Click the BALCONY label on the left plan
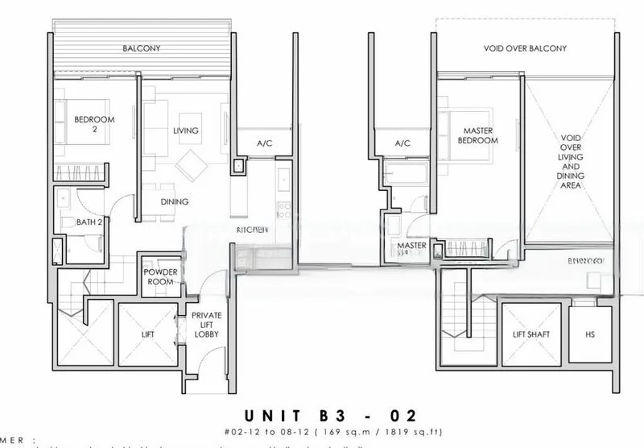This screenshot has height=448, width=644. [x=142, y=48]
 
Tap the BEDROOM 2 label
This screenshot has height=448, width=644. [x=94, y=124]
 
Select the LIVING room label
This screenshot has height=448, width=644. [x=185, y=131]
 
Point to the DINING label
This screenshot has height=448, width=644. [x=174, y=202]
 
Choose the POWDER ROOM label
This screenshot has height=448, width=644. [x=161, y=276]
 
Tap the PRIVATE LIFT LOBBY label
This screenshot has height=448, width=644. [x=207, y=325]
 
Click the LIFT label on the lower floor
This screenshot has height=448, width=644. [x=147, y=334]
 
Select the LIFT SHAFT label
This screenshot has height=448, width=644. [x=531, y=334]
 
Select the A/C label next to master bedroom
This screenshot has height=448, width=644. [x=402, y=143]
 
